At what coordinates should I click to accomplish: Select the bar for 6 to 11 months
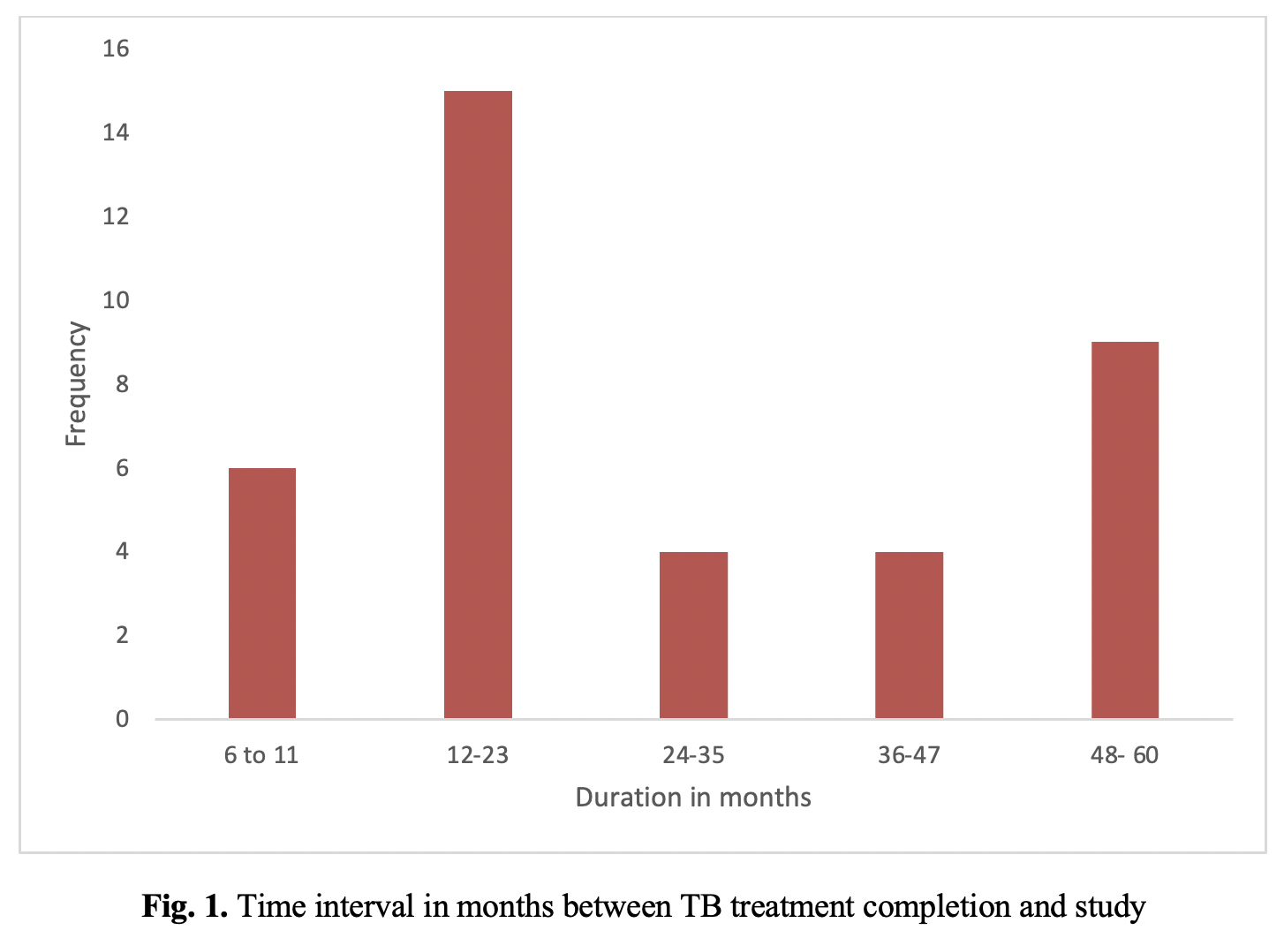tap(262, 593)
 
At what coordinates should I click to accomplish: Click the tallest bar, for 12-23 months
tap(478, 405)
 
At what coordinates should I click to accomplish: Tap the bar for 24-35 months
tap(693, 635)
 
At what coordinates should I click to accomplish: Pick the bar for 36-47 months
tap(909, 635)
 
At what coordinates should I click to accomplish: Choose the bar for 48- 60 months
tap(1125, 530)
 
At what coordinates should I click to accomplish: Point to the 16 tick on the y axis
tap(116, 49)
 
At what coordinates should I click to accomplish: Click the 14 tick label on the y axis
tap(116, 132)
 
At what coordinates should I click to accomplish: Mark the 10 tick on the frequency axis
tap(116, 300)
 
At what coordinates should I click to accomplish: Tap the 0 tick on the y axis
tap(122, 718)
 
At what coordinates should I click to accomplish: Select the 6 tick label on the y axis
tap(122, 468)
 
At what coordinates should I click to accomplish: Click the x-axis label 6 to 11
tap(261, 755)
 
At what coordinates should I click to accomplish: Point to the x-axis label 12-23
tap(478, 755)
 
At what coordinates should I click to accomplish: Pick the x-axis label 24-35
tap(693, 755)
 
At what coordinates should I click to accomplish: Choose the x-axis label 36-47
tap(909, 755)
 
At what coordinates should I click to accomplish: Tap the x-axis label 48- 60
tap(1125, 755)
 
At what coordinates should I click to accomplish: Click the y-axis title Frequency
tap(76, 383)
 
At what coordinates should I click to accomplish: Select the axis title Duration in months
tap(693, 798)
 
